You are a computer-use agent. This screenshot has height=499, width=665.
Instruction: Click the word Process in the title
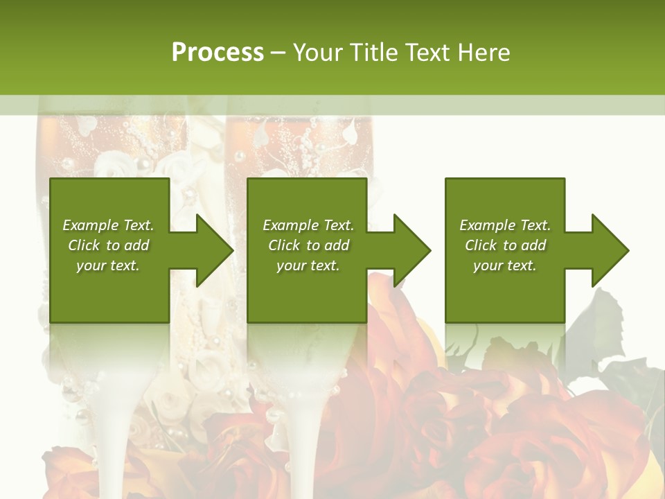[x=218, y=53]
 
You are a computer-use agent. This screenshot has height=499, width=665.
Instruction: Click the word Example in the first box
[x=90, y=225]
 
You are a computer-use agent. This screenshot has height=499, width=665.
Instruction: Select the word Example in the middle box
[x=290, y=225]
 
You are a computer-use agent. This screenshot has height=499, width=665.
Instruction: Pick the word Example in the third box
[x=487, y=225]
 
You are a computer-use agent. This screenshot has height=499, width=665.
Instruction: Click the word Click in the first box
[x=85, y=245]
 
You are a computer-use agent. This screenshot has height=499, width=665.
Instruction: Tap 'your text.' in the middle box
[x=308, y=265]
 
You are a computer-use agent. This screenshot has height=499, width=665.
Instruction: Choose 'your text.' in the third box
[x=504, y=265]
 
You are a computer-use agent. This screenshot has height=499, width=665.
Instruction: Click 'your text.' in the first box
[x=108, y=265]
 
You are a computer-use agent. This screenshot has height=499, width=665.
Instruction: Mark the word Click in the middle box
[x=284, y=245]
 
